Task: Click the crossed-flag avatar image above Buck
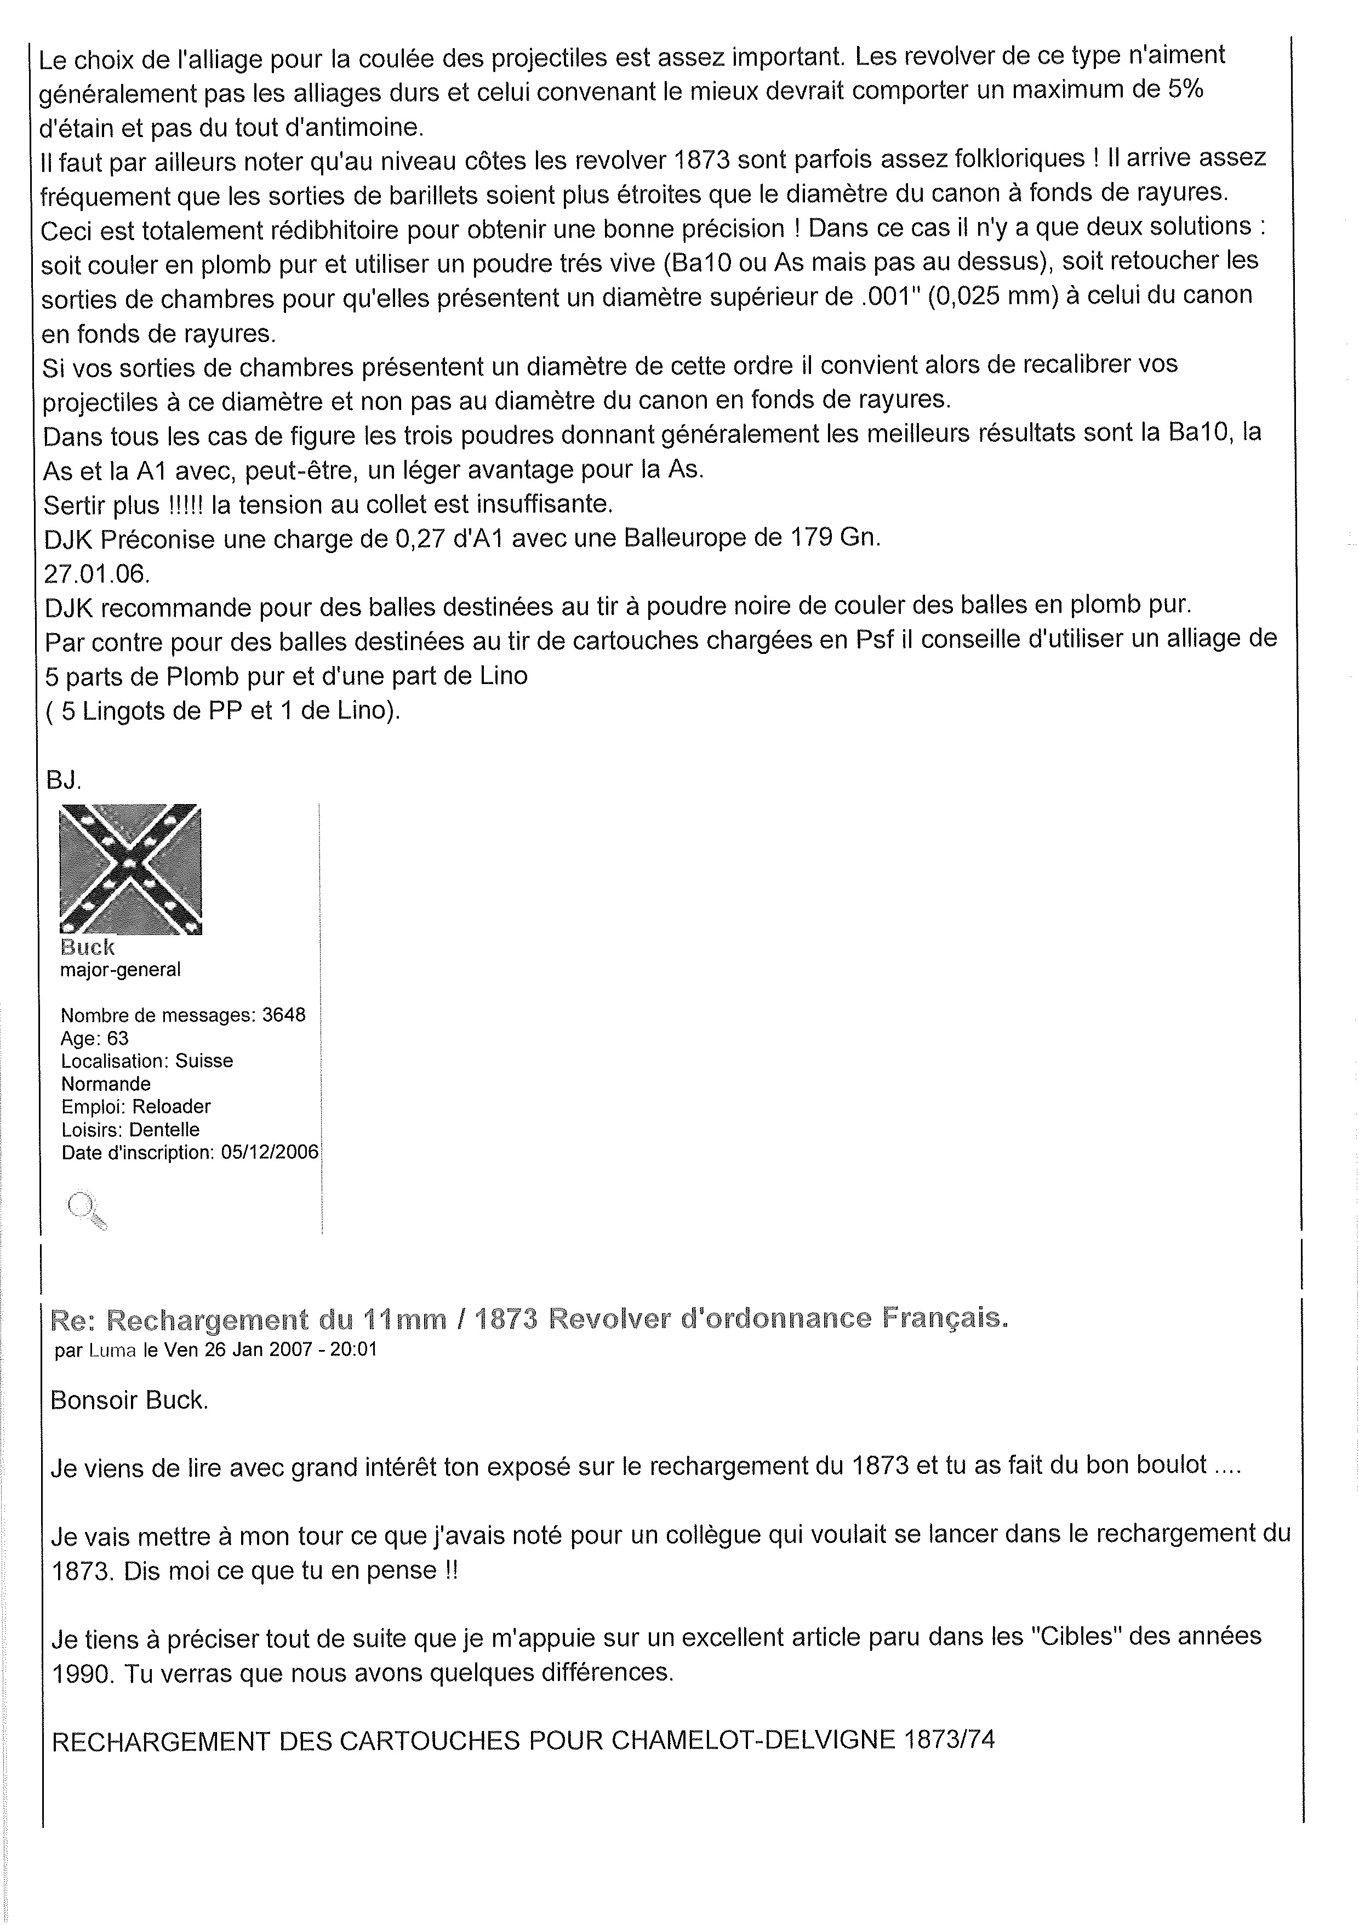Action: (x=131, y=869)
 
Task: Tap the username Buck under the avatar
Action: (x=87, y=947)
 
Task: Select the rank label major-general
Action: (x=120, y=970)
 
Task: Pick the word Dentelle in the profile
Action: (x=164, y=1129)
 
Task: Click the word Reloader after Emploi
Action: (x=172, y=1106)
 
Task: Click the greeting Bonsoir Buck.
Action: (x=128, y=1400)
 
